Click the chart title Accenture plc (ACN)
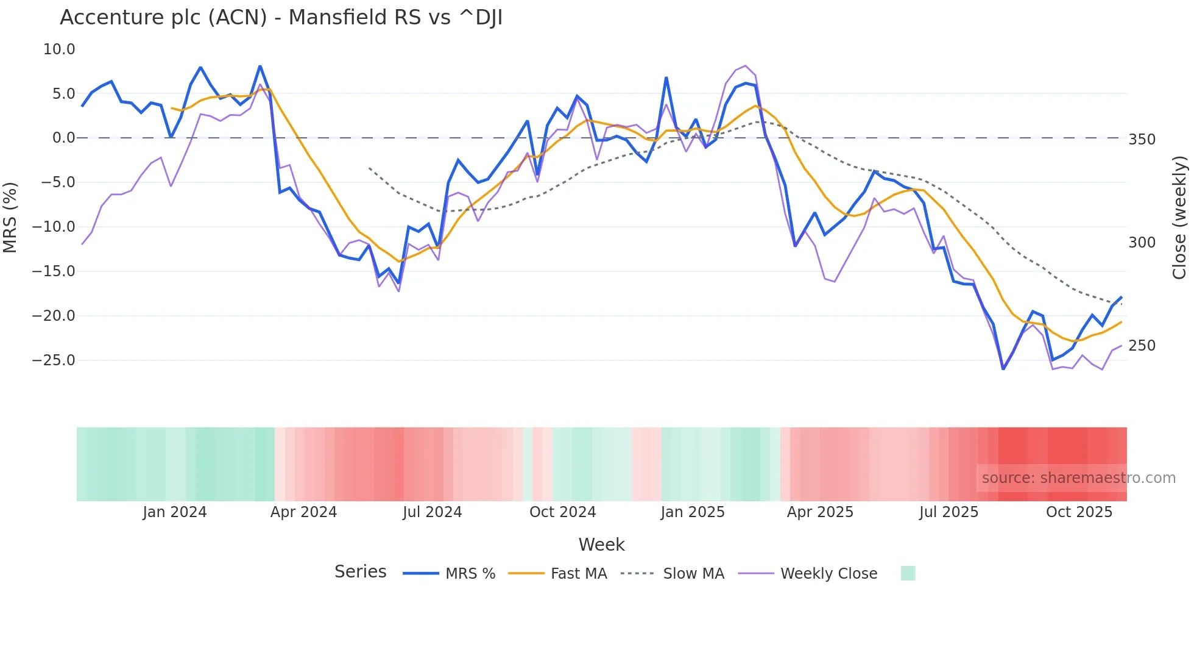click(281, 18)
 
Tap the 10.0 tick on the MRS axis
click(59, 49)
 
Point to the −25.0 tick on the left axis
click(54, 360)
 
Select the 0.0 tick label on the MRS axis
click(63, 138)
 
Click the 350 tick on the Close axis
click(1142, 140)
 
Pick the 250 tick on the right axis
click(1142, 346)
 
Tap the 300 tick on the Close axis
click(1142, 243)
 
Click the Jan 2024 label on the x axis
click(175, 512)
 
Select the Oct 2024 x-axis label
click(562, 512)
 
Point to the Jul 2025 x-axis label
click(948, 512)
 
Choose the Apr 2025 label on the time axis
click(820, 512)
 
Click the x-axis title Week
click(601, 545)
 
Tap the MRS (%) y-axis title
click(10, 217)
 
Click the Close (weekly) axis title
click(1179, 218)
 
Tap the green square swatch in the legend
click(908, 573)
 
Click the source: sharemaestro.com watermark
click(1078, 478)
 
